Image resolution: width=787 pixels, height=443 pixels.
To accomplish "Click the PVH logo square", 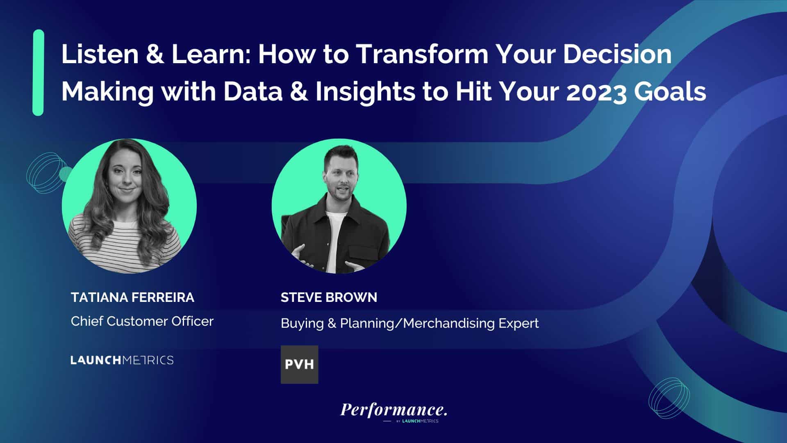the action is point(299,365).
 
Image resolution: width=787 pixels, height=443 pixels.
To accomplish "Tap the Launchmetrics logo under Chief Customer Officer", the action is point(122,360).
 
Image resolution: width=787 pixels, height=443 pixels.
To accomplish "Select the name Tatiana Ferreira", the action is point(132,297).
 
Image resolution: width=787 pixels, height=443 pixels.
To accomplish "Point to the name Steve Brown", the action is point(329,297).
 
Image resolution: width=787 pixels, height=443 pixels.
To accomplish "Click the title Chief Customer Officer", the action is point(142,321).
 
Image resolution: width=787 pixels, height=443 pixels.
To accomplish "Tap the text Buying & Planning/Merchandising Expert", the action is point(409,324).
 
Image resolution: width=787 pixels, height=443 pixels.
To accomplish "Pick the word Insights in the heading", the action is point(365,92).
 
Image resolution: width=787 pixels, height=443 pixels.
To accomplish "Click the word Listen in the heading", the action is point(100,54).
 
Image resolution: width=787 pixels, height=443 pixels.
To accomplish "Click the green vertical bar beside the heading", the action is point(38,73).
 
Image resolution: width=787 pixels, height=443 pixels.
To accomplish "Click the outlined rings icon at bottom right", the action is point(669,398).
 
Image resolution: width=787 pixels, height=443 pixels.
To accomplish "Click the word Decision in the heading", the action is point(617,54).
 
